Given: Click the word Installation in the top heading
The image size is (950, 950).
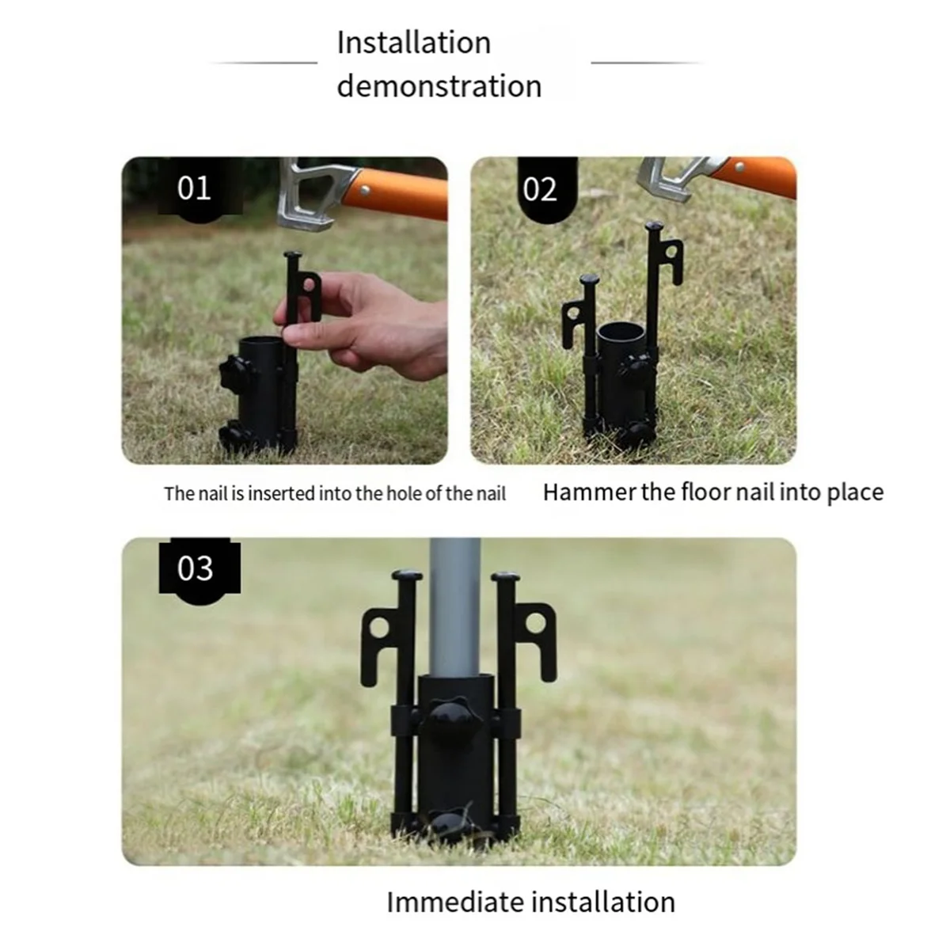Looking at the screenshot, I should pyautogui.click(x=413, y=43).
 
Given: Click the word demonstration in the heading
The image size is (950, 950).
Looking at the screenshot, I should pyautogui.click(x=439, y=86).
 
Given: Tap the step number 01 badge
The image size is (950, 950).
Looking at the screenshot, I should pyautogui.click(x=194, y=189).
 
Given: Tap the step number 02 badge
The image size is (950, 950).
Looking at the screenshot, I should pyautogui.click(x=540, y=190).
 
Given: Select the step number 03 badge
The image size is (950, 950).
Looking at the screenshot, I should pyautogui.click(x=196, y=568).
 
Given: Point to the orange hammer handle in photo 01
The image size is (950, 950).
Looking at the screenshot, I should pyautogui.click(x=400, y=194).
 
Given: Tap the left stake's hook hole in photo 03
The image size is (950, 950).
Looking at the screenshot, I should pyautogui.click(x=379, y=629).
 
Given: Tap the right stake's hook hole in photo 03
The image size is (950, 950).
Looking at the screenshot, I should pyautogui.click(x=537, y=622).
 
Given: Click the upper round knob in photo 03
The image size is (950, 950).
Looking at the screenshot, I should pyautogui.click(x=449, y=716).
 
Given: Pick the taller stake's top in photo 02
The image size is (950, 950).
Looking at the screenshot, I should pyautogui.click(x=654, y=227).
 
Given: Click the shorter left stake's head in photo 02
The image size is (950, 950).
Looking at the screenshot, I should pyautogui.click(x=590, y=280).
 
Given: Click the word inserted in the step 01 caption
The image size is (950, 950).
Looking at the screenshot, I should pyautogui.click(x=281, y=494).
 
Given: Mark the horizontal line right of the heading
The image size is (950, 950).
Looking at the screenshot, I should pyautogui.click(x=645, y=63).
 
